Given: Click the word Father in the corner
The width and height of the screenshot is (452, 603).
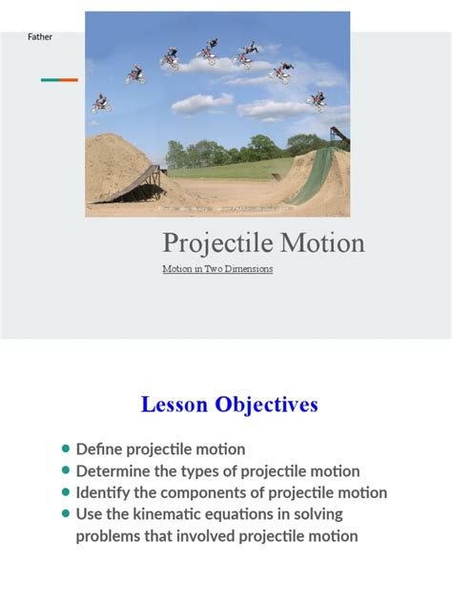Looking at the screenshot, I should (39, 37).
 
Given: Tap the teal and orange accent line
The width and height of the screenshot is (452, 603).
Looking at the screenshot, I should (59, 80).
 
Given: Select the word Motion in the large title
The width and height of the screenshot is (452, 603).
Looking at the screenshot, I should (325, 243).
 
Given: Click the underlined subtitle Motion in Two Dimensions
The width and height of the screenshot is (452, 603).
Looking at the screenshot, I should (217, 269).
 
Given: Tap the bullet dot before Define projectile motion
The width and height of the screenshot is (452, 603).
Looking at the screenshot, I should (65, 448).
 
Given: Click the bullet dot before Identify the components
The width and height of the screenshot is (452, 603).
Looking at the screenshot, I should (65, 492).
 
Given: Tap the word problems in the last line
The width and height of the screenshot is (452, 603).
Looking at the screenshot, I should (112, 536).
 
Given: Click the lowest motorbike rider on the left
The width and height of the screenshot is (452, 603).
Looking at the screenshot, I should (99, 103).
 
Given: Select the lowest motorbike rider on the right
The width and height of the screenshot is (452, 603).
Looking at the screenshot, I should (317, 99).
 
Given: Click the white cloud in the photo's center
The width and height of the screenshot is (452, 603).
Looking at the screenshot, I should (202, 102).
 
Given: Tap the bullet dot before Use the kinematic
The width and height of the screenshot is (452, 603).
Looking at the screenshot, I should (65, 514).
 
